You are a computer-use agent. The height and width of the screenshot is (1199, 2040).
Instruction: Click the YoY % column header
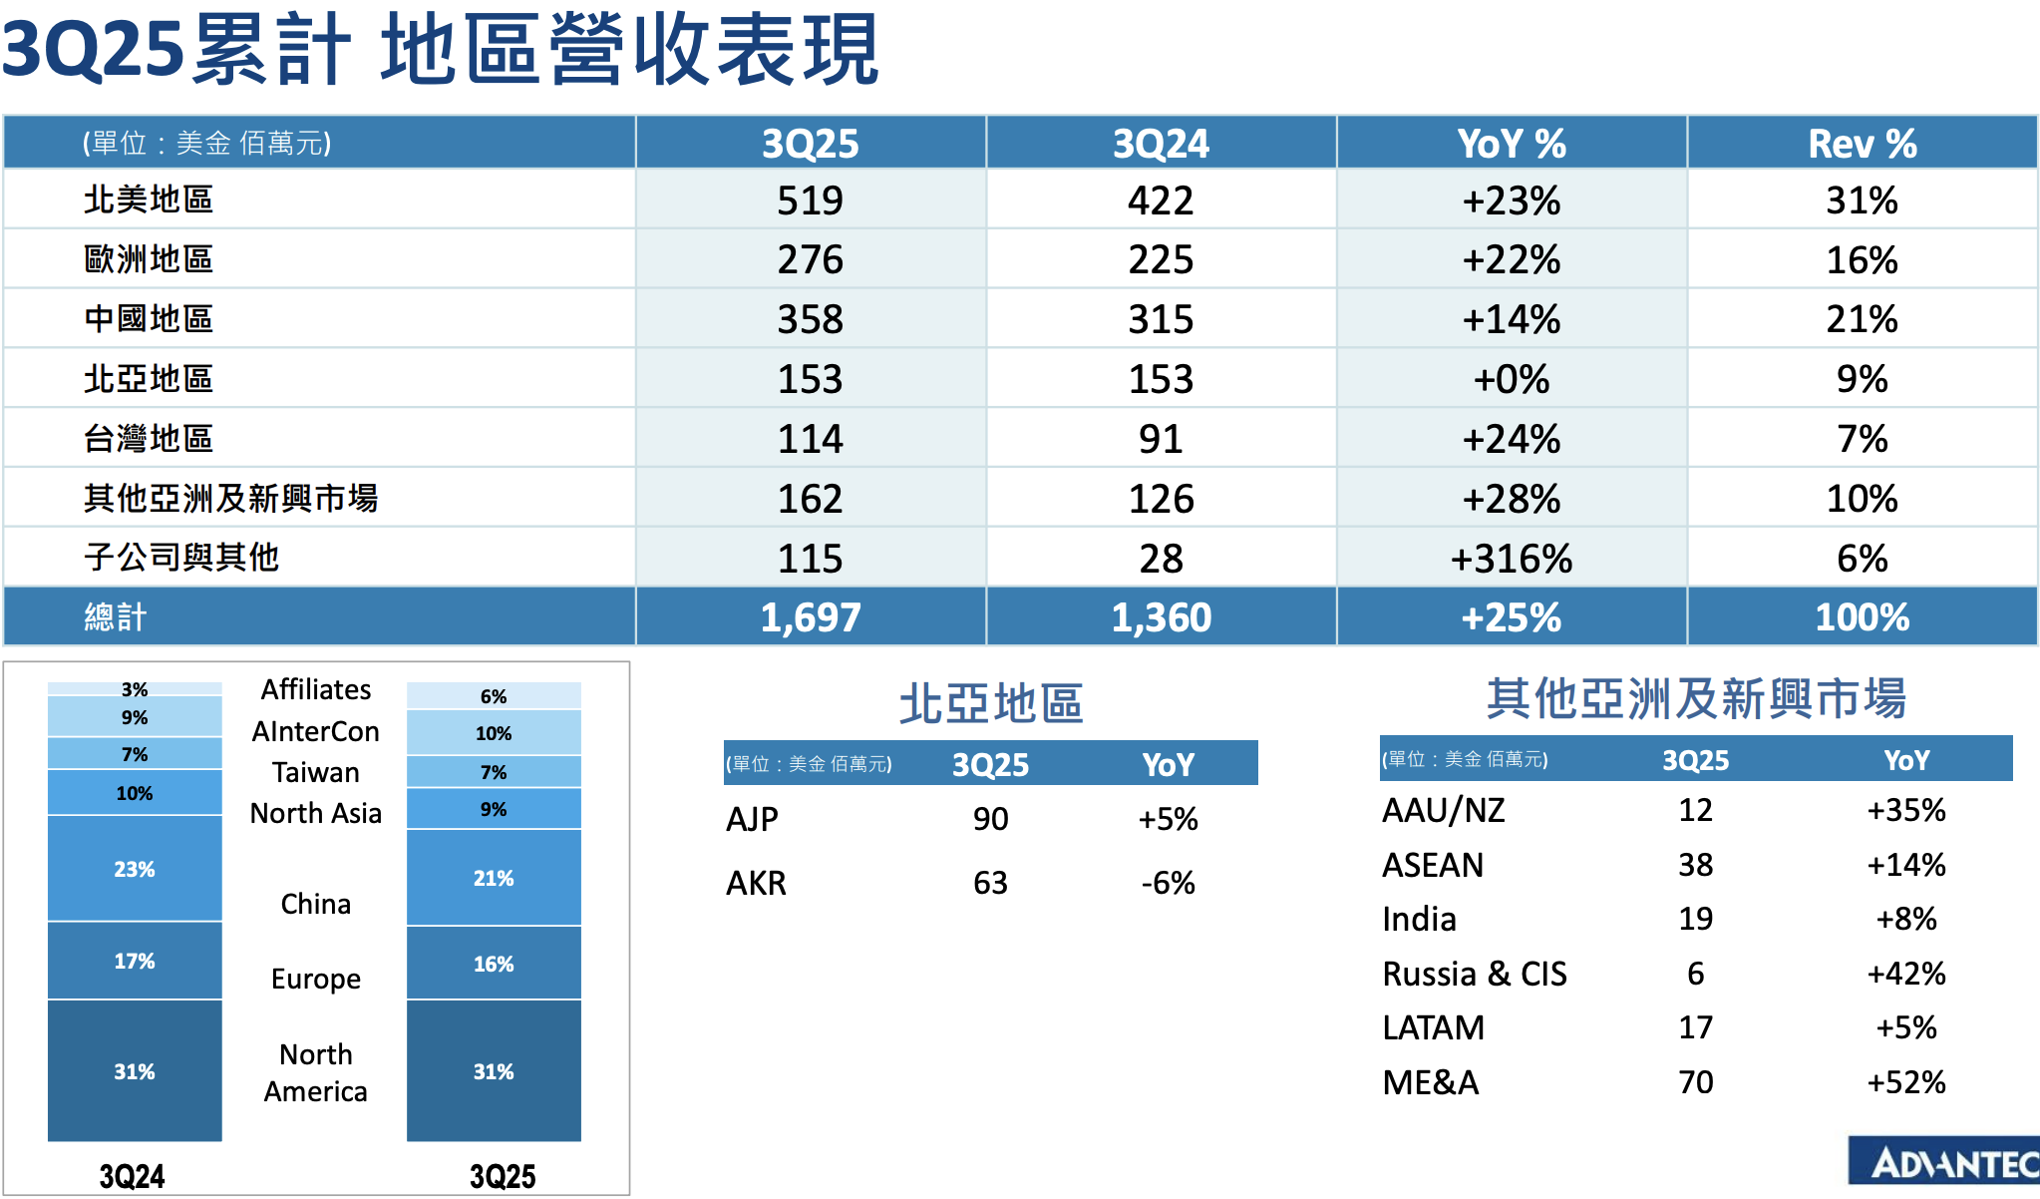click(x=1511, y=144)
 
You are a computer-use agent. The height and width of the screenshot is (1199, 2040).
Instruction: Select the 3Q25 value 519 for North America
click(x=810, y=200)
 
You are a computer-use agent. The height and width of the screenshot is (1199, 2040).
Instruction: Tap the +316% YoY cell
click(x=1511, y=559)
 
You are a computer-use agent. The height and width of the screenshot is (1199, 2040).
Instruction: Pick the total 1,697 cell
click(x=810, y=617)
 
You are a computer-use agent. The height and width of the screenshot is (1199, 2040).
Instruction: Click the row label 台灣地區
click(x=149, y=439)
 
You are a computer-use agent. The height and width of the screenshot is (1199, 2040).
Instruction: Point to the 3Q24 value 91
click(x=1161, y=439)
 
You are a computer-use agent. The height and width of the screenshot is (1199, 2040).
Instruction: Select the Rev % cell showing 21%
click(x=1861, y=319)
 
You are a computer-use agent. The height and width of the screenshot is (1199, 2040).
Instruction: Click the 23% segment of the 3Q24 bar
click(x=135, y=869)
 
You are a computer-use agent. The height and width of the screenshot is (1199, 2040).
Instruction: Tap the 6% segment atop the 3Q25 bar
click(x=494, y=696)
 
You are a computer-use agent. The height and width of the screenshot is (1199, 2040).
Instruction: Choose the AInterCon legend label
click(x=315, y=731)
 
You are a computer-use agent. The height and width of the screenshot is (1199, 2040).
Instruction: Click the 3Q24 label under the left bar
click(x=132, y=1176)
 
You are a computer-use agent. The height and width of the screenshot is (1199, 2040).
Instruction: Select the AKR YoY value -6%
click(x=1168, y=883)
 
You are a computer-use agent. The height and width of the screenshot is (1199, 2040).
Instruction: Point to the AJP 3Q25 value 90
click(x=990, y=819)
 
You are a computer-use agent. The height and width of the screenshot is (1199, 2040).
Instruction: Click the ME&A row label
click(x=1430, y=1082)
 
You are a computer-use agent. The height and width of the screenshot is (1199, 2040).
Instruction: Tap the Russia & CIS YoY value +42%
click(x=1905, y=974)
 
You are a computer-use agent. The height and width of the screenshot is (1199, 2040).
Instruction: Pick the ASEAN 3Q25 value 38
click(x=1695, y=865)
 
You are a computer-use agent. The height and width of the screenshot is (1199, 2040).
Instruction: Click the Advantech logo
click(x=1944, y=1162)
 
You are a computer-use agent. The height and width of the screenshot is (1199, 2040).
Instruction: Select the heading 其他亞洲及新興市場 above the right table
click(x=1695, y=698)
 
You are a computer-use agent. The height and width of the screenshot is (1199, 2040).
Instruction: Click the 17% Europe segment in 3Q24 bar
click(x=135, y=961)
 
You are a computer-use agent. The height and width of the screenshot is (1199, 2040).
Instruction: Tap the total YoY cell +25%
click(x=1511, y=617)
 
